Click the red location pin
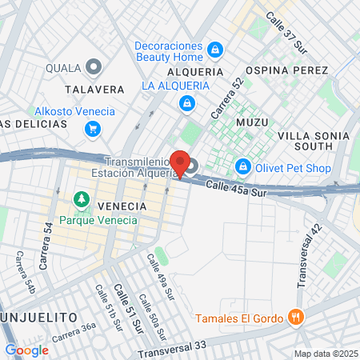pos(181,163)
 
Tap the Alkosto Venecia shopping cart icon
pos(94,128)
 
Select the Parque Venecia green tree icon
pos(80,198)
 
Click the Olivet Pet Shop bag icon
pos(242,167)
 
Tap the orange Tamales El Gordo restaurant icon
pos(296,318)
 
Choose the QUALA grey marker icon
pos(94,67)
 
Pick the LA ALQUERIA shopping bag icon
pos(186,102)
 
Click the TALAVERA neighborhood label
pos(89,90)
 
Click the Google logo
pos(26,350)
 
